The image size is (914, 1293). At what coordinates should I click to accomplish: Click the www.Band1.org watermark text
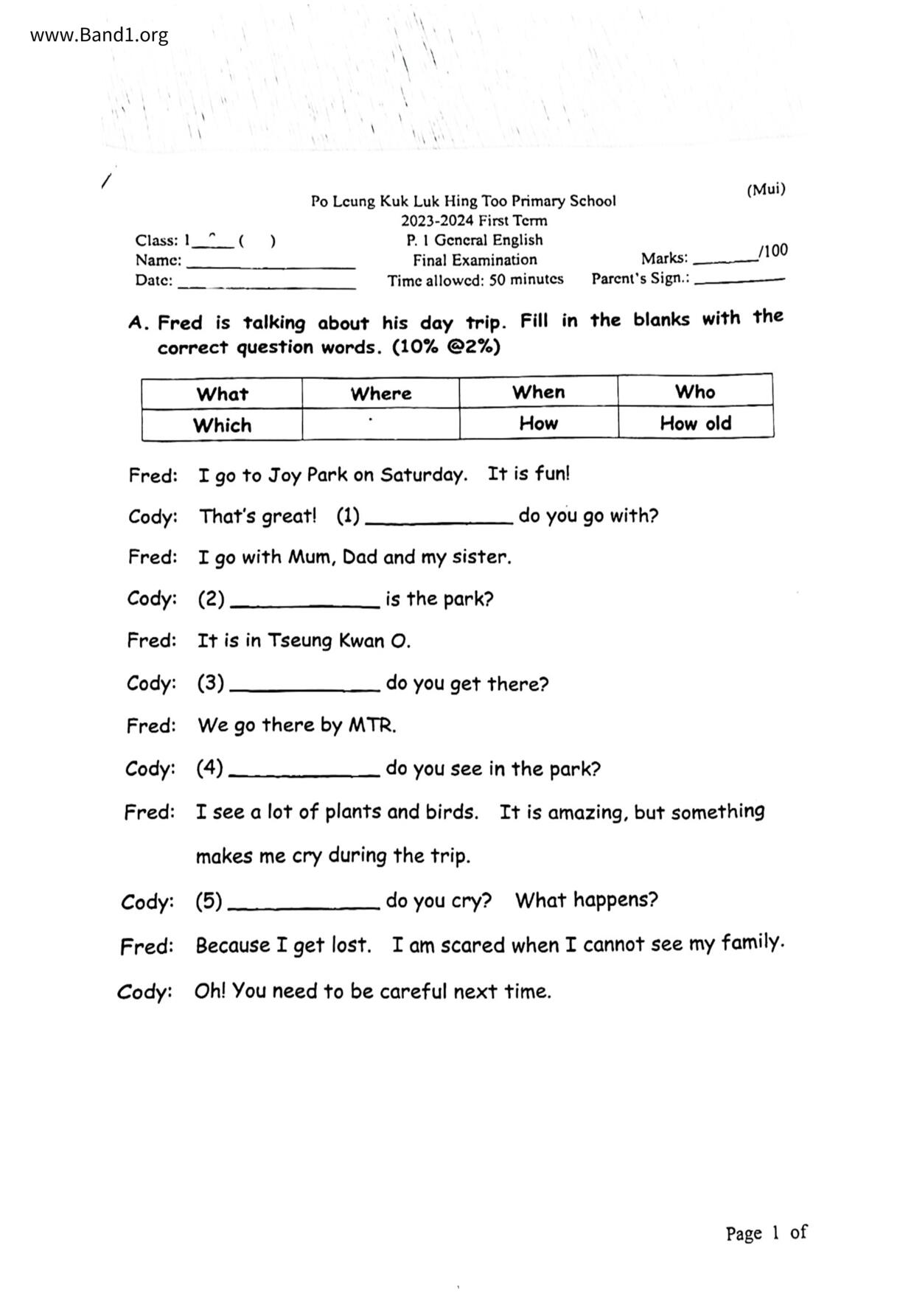[99, 35]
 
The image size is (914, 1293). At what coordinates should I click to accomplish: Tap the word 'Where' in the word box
[380, 393]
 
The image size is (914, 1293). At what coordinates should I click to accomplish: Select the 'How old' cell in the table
[695, 423]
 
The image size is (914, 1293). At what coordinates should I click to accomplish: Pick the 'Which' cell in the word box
[222, 425]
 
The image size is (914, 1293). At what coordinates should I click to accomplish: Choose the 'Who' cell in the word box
[694, 391]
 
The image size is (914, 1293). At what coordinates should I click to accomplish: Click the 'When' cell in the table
[538, 392]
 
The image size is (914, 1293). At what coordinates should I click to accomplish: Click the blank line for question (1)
[439, 520]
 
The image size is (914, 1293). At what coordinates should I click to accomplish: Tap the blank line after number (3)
[304, 689]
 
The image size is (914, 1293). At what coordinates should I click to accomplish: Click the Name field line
[271, 265]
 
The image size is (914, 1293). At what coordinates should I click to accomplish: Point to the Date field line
[266, 285]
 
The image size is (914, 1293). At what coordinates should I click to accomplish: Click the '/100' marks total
[773, 251]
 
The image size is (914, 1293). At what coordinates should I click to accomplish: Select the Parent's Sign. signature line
[739, 280]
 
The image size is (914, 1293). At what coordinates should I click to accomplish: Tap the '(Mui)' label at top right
[766, 189]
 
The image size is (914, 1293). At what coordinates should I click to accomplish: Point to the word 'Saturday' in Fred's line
[423, 475]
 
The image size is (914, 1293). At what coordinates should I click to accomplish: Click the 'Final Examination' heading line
[475, 259]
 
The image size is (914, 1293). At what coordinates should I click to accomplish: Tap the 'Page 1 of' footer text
[766, 1233]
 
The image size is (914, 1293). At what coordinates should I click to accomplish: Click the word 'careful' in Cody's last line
[413, 991]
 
